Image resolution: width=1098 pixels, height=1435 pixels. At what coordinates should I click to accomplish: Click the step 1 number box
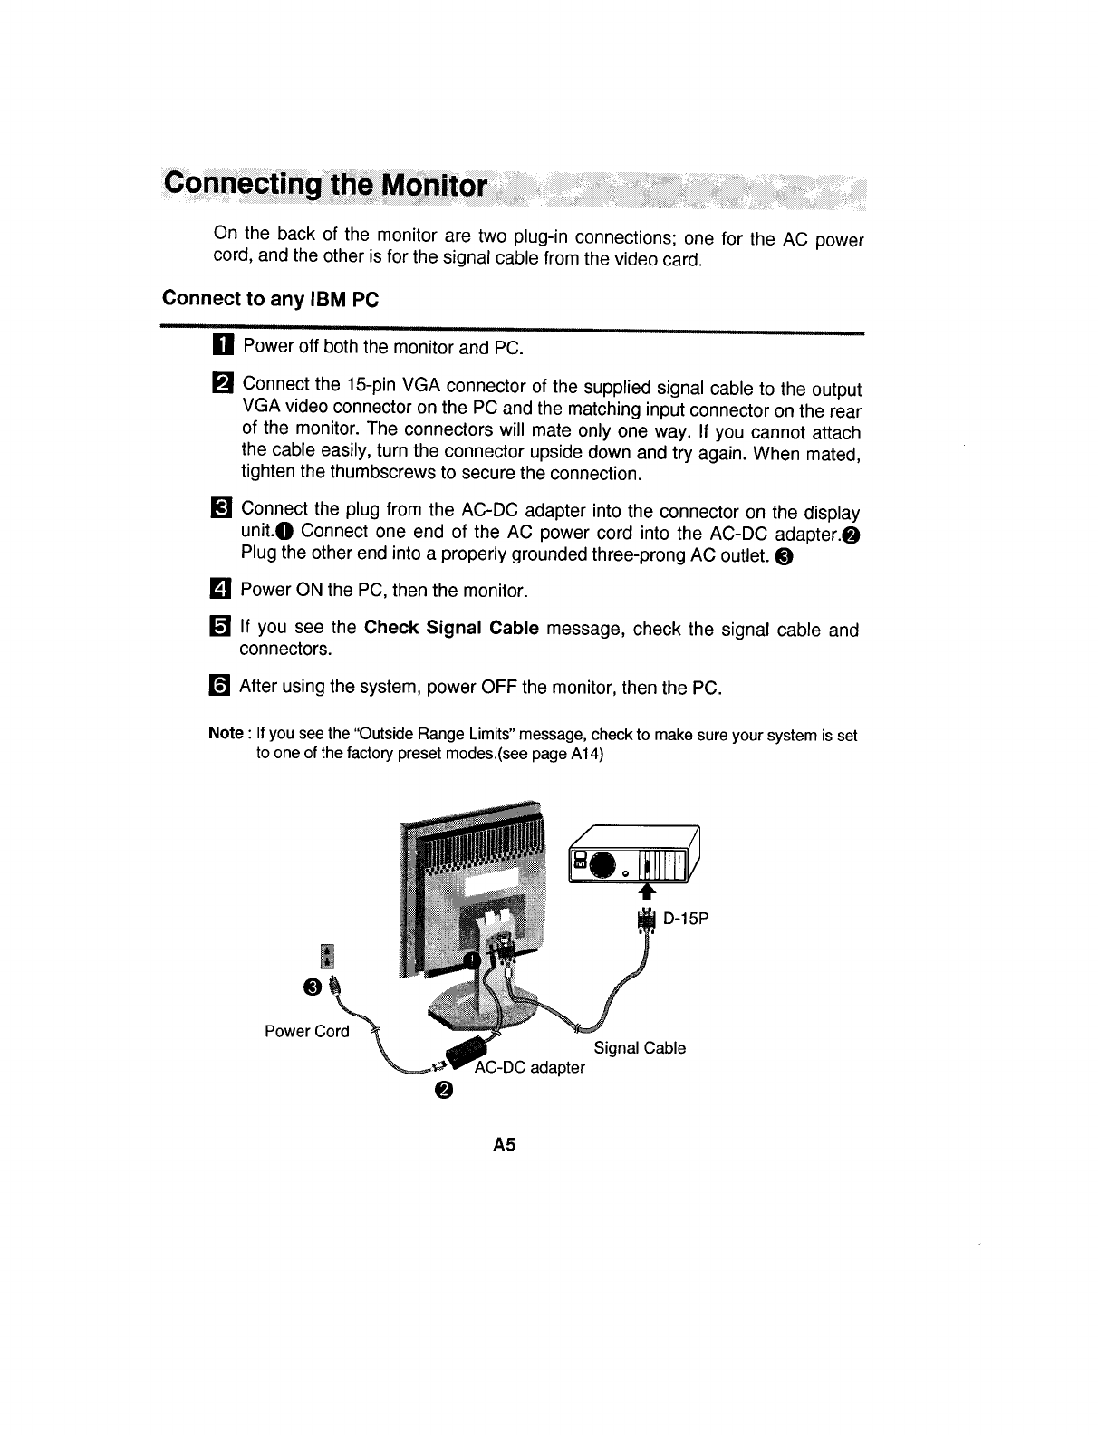[x=225, y=347]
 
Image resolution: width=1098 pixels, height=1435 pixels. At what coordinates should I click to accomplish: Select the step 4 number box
[x=222, y=591]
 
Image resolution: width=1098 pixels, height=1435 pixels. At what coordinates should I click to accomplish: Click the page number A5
[x=504, y=1145]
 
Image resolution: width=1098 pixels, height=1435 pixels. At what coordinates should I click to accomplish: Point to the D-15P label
[x=685, y=920]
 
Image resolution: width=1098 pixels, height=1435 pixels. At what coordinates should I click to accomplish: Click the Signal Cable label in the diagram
[x=640, y=1048]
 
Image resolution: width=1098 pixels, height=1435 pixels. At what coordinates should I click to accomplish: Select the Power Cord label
[x=306, y=1031]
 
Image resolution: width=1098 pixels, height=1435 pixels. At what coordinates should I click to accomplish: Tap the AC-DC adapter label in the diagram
[x=531, y=1067]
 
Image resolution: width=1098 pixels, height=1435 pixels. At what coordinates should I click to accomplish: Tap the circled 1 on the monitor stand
[x=471, y=960]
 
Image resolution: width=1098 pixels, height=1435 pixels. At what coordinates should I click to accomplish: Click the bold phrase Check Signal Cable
[x=451, y=628]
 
